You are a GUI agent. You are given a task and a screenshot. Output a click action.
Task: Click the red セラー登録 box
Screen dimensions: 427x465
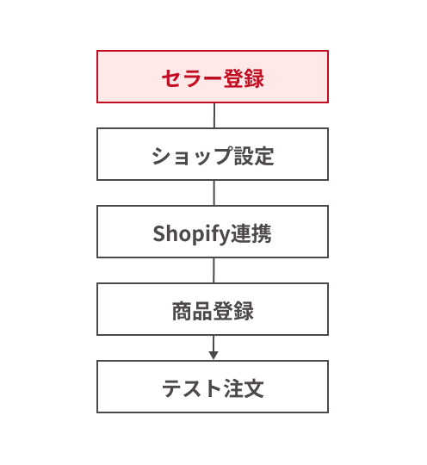click(213, 77)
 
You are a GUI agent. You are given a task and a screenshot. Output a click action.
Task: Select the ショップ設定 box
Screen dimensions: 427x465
click(213, 154)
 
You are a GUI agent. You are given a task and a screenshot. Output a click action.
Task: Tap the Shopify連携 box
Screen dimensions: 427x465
click(213, 232)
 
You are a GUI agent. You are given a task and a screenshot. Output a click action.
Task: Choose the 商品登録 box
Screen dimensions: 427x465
click(213, 309)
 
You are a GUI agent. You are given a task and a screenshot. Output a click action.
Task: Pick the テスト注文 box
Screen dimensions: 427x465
click(213, 387)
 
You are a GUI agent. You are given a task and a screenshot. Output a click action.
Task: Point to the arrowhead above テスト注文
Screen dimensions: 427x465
click(213, 356)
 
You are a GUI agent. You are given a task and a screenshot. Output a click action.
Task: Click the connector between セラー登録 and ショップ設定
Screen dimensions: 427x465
click(214, 115)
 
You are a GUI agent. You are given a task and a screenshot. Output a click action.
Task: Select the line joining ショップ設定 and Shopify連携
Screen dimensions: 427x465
click(214, 193)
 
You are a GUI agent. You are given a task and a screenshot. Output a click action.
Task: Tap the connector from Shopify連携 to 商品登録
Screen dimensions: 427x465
click(213, 270)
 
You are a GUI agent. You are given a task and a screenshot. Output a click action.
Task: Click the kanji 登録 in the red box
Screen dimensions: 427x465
click(244, 78)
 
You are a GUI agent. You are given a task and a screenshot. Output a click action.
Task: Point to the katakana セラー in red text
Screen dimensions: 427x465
click(193, 79)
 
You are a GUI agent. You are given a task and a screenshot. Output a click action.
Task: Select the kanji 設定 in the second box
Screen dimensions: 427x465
click(254, 156)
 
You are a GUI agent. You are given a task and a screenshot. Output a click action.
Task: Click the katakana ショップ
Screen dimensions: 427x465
click(192, 156)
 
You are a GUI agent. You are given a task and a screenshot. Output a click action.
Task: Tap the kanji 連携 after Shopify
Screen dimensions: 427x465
click(251, 233)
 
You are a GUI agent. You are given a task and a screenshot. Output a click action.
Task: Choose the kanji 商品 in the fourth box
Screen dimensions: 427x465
click(193, 311)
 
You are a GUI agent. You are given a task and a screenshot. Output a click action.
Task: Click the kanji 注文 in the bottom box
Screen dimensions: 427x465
click(244, 388)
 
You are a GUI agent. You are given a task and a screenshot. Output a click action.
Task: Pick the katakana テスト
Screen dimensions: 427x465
click(192, 388)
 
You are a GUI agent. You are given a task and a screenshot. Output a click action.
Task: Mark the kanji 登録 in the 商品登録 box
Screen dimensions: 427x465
click(233, 311)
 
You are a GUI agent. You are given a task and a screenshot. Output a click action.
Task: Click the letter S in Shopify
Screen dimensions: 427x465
click(159, 233)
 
